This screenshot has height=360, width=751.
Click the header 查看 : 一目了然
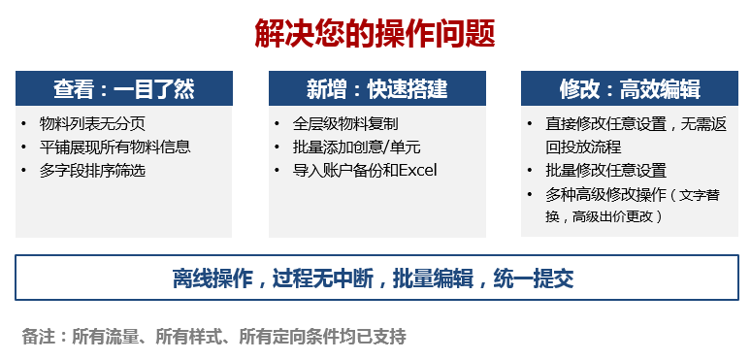124,89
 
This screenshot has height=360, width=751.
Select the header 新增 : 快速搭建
376,89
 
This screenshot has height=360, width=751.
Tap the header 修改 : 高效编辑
630,89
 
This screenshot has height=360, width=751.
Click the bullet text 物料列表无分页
93,124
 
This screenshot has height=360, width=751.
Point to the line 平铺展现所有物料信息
114,147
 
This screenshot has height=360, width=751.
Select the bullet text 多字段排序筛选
93,171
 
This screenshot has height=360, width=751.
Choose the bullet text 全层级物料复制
345,124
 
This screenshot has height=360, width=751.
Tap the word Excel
417,171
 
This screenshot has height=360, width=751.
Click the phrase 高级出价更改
611,215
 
